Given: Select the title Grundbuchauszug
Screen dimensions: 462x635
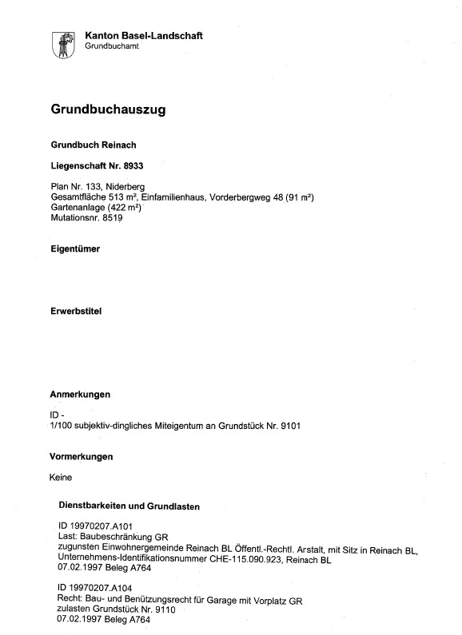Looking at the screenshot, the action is point(108,111).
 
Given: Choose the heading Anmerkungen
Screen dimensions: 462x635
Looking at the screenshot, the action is point(80,395).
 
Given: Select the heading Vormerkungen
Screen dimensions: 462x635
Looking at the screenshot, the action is point(81,457).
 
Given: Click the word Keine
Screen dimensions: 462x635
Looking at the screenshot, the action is point(61,478).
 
